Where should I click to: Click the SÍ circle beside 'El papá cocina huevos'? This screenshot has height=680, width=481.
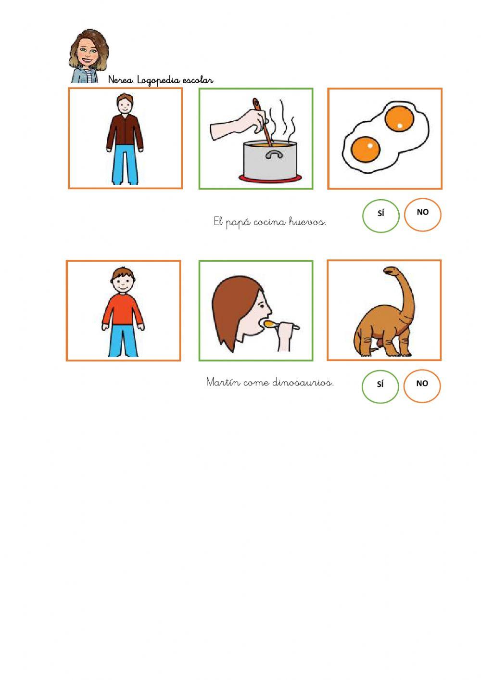click(381, 216)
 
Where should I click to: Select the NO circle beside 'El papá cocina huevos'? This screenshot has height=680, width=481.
click(423, 215)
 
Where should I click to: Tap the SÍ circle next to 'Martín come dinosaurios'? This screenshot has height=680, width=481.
click(380, 386)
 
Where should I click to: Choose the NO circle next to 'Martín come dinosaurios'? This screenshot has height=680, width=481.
click(422, 386)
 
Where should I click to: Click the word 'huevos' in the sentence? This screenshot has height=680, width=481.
click(307, 222)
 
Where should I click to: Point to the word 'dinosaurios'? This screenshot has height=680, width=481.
click(303, 382)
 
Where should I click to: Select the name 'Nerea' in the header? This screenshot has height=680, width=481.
click(121, 80)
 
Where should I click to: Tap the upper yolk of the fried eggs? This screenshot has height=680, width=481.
click(399, 119)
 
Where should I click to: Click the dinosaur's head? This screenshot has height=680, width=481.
click(391, 270)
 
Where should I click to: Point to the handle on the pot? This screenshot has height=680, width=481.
click(274, 155)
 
